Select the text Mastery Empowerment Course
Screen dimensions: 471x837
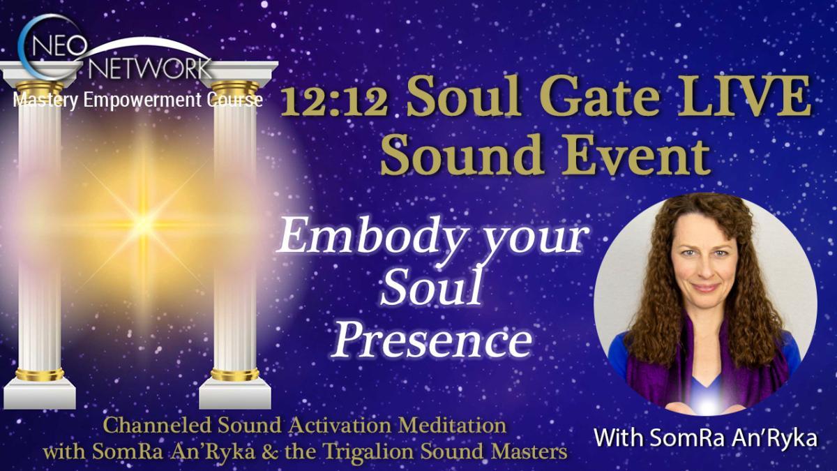137,101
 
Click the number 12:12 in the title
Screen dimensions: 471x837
337,107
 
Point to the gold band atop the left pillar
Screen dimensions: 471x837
39,89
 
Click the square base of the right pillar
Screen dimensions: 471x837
234,395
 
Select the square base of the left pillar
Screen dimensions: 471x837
40,395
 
